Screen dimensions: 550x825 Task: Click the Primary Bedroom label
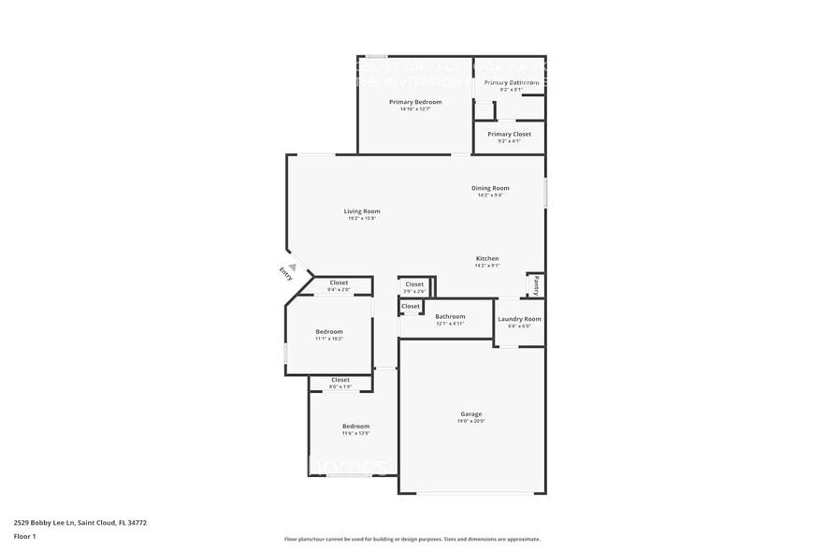click(415, 102)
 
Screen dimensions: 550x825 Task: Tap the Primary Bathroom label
click(511, 83)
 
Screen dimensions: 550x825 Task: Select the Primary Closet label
click(509, 134)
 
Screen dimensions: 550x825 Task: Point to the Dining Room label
click(490, 188)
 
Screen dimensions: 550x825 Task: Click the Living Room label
click(362, 211)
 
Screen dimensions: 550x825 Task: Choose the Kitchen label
click(487, 258)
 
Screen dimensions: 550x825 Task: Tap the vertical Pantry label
click(536, 284)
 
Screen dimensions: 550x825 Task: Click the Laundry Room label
click(519, 319)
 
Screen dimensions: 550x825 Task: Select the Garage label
click(470, 413)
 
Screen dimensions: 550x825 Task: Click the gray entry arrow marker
click(292, 268)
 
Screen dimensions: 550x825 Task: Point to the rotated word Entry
click(285, 273)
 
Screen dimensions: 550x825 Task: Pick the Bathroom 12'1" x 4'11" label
click(450, 316)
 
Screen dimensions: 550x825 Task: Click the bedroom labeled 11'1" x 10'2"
click(328, 332)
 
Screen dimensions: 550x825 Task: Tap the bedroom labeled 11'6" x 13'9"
click(355, 427)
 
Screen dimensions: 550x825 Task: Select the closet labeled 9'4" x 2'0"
click(339, 282)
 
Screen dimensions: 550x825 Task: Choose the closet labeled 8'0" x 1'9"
click(340, 380)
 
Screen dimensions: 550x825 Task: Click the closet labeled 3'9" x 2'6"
click(414, 284)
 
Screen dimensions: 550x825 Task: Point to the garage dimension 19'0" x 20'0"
click(470, 421)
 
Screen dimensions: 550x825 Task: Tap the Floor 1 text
click(24, 536)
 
